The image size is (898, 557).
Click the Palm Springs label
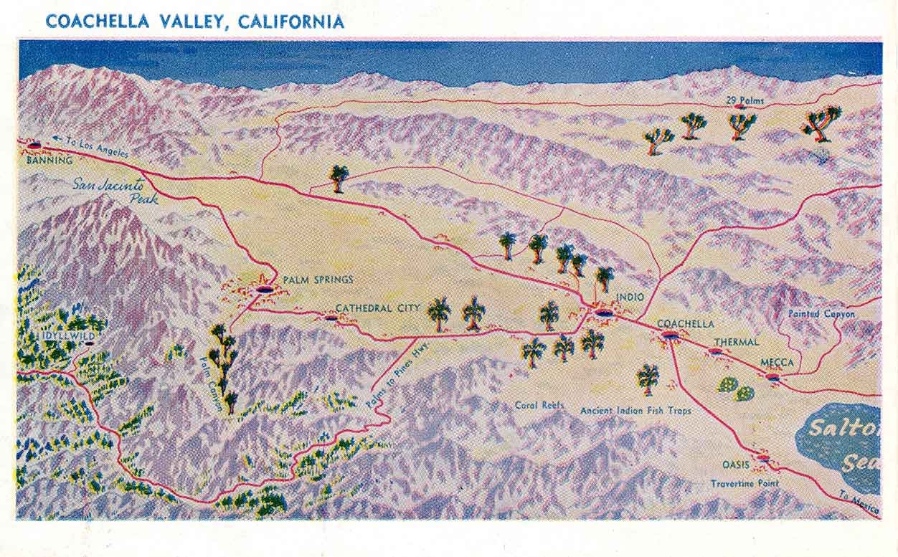click(x=318, y=280)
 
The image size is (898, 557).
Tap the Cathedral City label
click(x=378, y=308)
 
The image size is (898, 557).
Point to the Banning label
click(x=49, y=161)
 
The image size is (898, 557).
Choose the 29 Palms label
click(x=745, y=100)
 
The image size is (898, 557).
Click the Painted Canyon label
click(x=821, y=314)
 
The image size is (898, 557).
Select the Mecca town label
click(x=777, y=363)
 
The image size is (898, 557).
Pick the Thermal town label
click(x=736, y=342)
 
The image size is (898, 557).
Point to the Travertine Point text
click(x=745, y=483)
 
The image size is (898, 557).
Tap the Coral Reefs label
click(x=539, y=405)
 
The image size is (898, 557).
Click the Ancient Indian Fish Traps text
click(x=635, y=411)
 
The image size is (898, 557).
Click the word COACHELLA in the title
click(x=98, y=21)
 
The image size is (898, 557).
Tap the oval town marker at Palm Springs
click(x=265, y=290)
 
